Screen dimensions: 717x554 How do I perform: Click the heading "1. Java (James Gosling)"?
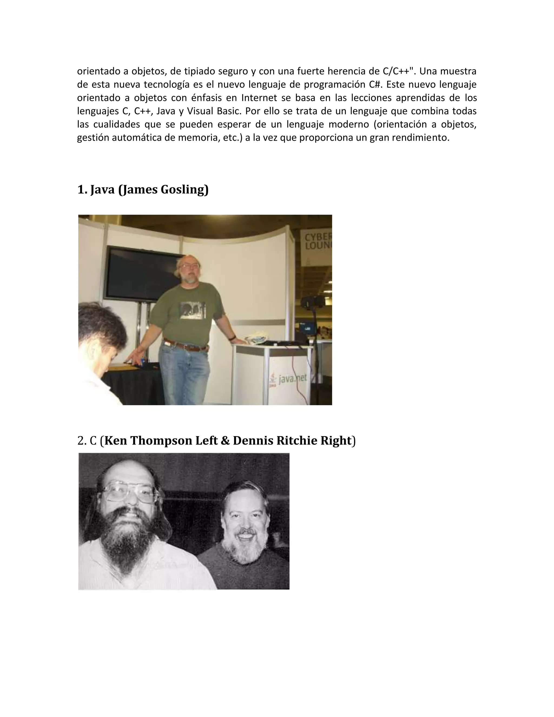(x=143, y=189)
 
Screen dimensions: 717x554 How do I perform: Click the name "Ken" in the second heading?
(x=116, y=440)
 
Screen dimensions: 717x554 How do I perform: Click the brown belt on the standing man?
(x=185, y=346)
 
